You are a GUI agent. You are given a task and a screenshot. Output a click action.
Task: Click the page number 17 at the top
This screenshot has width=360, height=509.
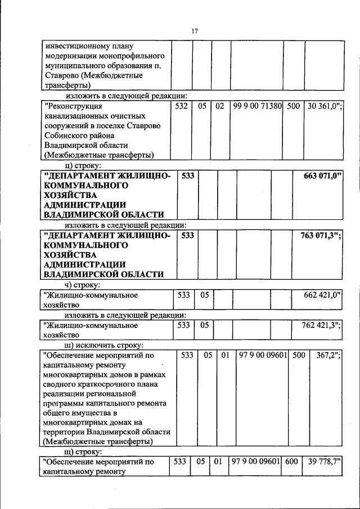tap(194, 30)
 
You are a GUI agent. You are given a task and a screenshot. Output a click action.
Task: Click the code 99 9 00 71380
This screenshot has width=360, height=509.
tap(256, 105)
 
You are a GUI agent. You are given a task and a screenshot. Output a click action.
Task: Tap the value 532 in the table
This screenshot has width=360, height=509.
tap(181, 105)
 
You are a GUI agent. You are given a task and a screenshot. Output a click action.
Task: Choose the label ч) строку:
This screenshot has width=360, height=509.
tap(83, 285)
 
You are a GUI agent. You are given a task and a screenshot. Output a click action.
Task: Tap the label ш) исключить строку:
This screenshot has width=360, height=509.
tap(104, 345)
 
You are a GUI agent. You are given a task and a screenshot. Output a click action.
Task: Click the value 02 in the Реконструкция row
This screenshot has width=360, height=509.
tap(220, 105)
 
